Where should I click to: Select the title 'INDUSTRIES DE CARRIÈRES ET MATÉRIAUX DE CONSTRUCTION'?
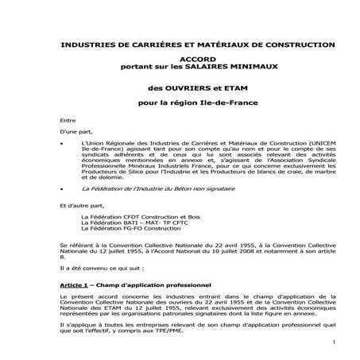point(180,44)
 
